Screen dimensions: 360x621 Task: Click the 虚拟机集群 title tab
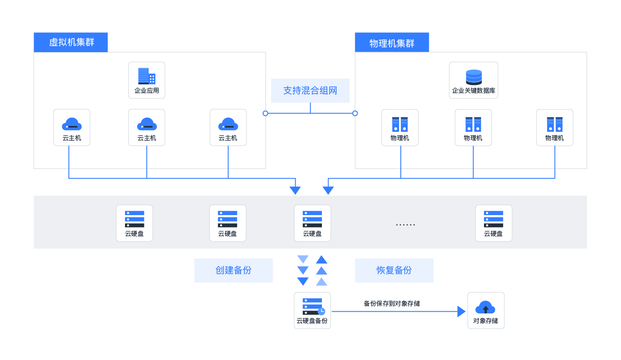tap(71, 42)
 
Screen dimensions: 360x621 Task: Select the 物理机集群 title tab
tap(392, 43)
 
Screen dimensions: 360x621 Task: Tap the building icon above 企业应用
tap(147, 76)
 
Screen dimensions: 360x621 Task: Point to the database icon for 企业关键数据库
tap(474, 77)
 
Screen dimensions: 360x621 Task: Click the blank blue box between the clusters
tap(310, 91)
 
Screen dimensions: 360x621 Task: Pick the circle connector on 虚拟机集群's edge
tap(265, 113)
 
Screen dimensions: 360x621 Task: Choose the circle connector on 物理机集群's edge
tap(355, 113)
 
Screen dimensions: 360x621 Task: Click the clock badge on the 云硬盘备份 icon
tap(321, 311)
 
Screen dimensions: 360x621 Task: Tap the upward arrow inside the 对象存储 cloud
tap(486, 309)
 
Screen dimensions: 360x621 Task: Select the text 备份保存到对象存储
tap(392, 304)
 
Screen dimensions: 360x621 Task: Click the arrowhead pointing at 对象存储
tap(462, 311)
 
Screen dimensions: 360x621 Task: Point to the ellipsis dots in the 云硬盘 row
tap(406, 225)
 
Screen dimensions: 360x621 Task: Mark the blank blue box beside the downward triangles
tap(234, 270)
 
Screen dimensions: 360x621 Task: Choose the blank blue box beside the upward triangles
tap(394, 270)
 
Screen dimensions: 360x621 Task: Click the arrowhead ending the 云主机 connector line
tap(295, 190)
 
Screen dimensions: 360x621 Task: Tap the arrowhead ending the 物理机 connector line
tap(328, 190)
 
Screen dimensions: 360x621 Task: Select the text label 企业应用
tap(147, 91)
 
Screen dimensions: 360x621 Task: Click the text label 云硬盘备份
tap(312, 321)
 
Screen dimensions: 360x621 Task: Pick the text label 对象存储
tap(486, 321)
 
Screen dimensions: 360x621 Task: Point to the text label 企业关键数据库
tap(474, 91)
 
